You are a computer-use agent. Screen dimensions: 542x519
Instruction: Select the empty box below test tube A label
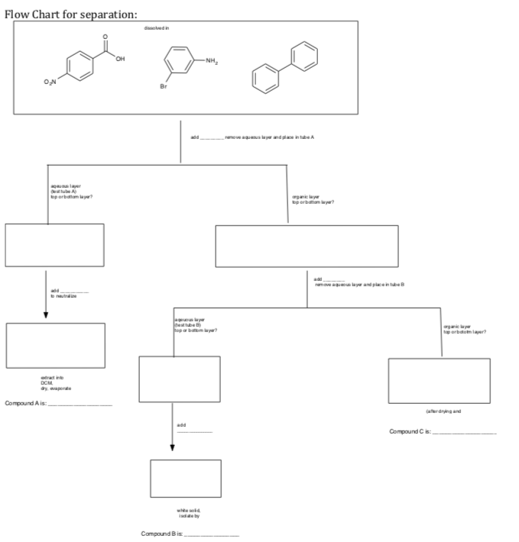coord(54,245)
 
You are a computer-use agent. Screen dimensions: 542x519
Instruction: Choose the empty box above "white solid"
coord(186,478)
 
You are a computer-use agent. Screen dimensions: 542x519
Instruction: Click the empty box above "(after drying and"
coord(439,380)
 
